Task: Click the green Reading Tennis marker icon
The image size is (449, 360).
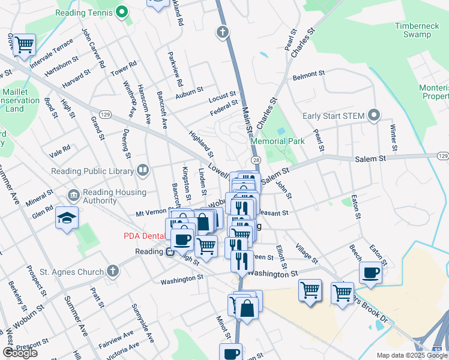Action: (x=122, y=12)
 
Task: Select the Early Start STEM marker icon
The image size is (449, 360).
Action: (x=375, y=115)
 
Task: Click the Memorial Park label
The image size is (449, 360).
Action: (x=277, y=141)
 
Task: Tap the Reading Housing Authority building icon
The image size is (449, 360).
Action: (x=73, y=195)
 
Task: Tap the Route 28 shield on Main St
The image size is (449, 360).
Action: (x=256, y=160)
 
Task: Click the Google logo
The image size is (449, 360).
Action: (x=19, y=353)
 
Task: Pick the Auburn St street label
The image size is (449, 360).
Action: (x=189, y=93)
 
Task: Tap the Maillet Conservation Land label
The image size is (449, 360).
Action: (x=21, y=100)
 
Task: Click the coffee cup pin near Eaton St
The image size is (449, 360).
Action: (x=370, y=272)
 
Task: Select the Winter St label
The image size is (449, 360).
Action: (x=394, y=138)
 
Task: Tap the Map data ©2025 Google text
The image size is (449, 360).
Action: (x=412, y=355)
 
